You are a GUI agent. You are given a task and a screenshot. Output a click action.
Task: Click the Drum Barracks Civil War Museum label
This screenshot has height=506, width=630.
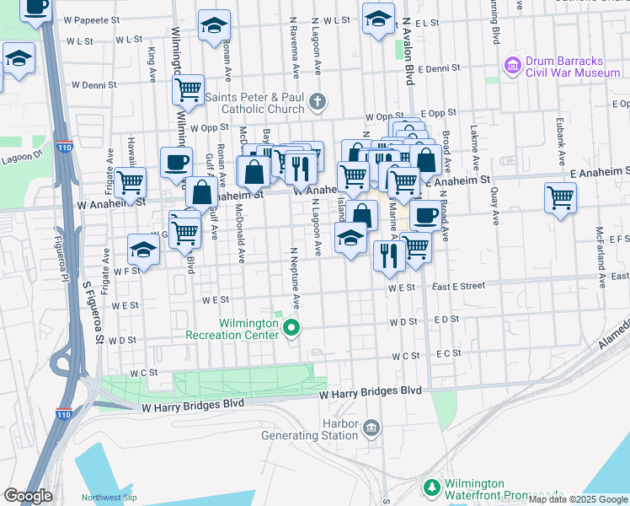click(x=573, y=67)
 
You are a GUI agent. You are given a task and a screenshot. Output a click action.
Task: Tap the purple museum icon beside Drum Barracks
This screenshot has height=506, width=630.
click(x=511, y=64)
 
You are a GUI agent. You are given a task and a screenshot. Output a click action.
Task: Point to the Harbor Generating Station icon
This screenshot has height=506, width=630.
click(x=371, y=430)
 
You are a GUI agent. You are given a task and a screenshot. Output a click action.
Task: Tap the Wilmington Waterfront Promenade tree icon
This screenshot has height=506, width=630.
click(x=431, y=488)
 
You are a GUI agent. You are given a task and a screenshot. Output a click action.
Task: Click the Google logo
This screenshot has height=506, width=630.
click(x=28, y=496)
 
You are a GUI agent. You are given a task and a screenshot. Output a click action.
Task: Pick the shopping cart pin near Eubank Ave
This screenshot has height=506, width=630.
click(x=560, y=198)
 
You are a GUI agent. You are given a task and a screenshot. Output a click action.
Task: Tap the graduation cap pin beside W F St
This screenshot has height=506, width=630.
click(x=143, y=249)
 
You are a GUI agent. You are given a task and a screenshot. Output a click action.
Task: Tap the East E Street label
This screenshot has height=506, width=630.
click(x=458, y=287)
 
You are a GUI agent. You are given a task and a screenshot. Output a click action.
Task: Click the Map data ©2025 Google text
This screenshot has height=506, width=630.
click(x=578, y=499)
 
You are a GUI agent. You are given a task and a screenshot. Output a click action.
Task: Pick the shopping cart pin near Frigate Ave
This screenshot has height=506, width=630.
click(x=129, y=182)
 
